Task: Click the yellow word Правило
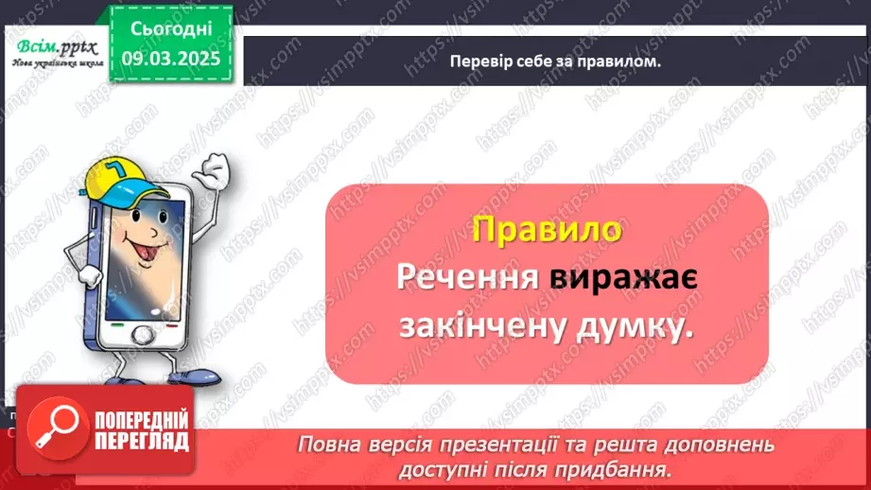click(x=546, y=230)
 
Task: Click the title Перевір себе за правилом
click(x=556, y=61)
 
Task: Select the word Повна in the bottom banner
click(x=325, y=444)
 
